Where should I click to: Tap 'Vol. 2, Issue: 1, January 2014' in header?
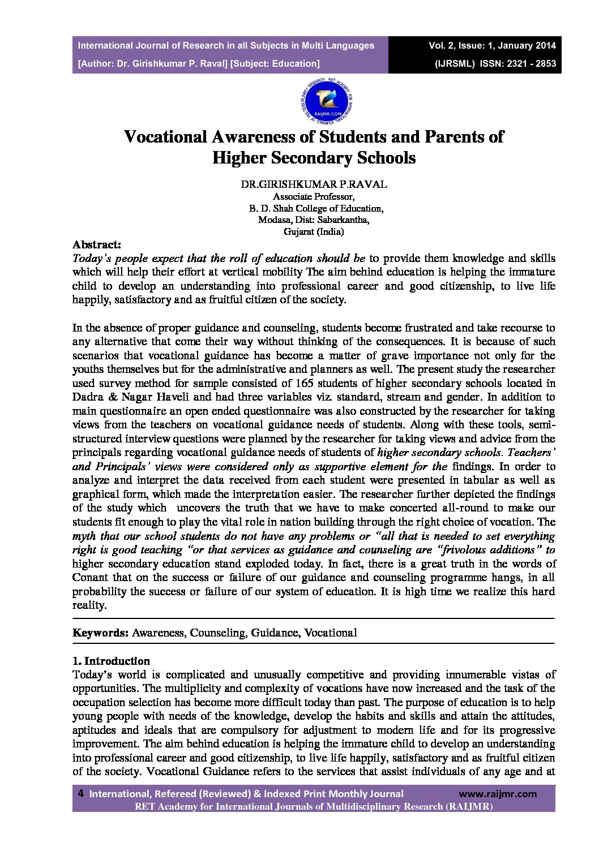[x=492, y=45]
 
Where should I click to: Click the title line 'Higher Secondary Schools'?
[x=314, y=157]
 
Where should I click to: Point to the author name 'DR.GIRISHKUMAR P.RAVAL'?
[x=314, y=184]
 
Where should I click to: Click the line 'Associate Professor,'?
[x=314, y=197]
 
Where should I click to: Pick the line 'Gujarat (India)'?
[x=314, y=231]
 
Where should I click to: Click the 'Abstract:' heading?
[x=96, y=245]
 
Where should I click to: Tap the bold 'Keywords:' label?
[x=100, y=633]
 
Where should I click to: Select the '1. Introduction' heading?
[x=111, y=661]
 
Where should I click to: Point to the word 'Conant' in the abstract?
[x=89, y=578]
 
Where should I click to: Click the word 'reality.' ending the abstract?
[x=89, y=605]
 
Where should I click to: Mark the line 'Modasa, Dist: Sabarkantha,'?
[x=314, y=220]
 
